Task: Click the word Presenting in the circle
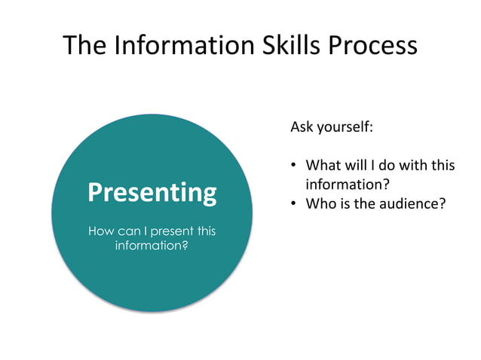click(x=152, y=194)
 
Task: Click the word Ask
click(x=302, y=127)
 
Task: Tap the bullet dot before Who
click(x=294, y=203)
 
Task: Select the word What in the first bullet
click(x=323, y=165)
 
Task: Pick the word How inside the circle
click(x=101, y=230)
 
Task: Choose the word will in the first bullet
click(x=357, y=165)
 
